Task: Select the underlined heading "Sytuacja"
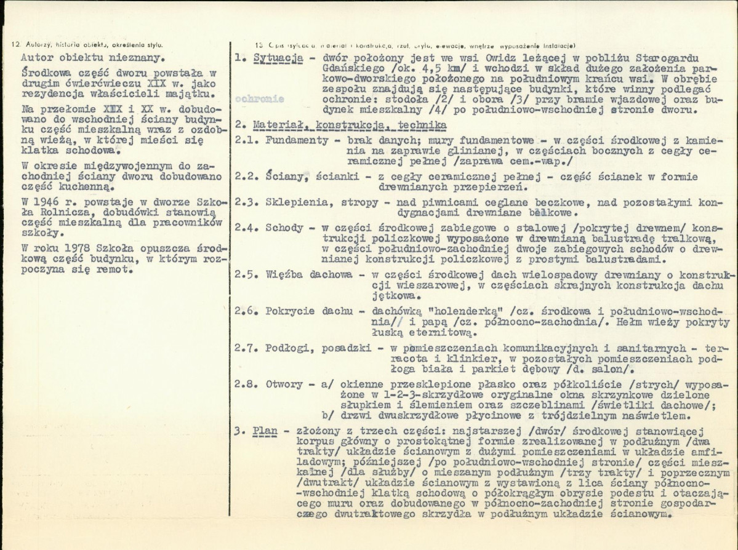click(278, 58)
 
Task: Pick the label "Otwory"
click(284, 384)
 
